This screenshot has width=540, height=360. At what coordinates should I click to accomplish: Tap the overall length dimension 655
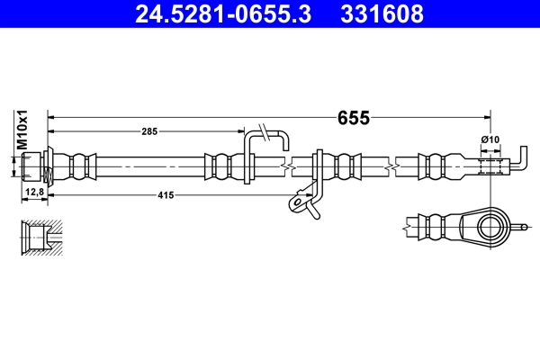(355, 117)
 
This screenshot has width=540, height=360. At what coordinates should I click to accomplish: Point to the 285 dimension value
(149, 131)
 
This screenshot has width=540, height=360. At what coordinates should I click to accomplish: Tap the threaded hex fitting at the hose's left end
(35, 166)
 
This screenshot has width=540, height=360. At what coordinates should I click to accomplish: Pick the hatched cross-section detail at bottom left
(41, 237)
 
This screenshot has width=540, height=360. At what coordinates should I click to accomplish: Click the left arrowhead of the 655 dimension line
(50, 117)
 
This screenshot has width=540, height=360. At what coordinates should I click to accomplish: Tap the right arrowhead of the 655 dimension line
(486, 117)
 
